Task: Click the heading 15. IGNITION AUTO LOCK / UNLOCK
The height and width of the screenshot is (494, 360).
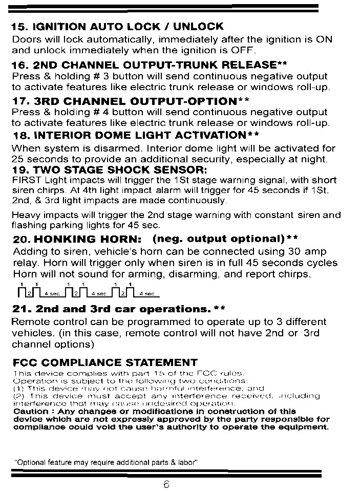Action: pos(117,26)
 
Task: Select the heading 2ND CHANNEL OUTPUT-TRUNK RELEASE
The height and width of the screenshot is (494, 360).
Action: pos(149,65)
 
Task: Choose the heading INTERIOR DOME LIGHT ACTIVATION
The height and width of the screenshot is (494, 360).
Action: pos(135,135)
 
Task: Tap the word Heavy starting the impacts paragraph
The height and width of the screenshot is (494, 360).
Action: pos(24,216)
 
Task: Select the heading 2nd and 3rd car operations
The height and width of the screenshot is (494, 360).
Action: pos(111,309)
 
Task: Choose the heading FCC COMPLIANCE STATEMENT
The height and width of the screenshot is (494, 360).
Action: pos(105,363)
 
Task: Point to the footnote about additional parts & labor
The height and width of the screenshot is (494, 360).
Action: pos(105,462)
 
